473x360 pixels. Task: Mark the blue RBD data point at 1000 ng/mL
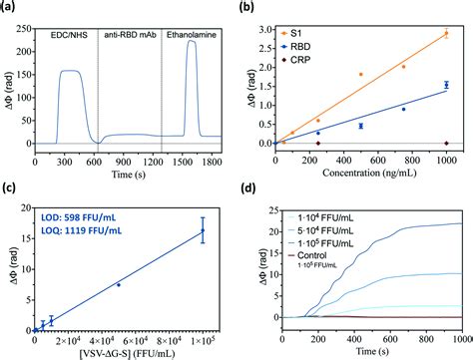tap(446, 86)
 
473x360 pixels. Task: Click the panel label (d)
tap(255, 192)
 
